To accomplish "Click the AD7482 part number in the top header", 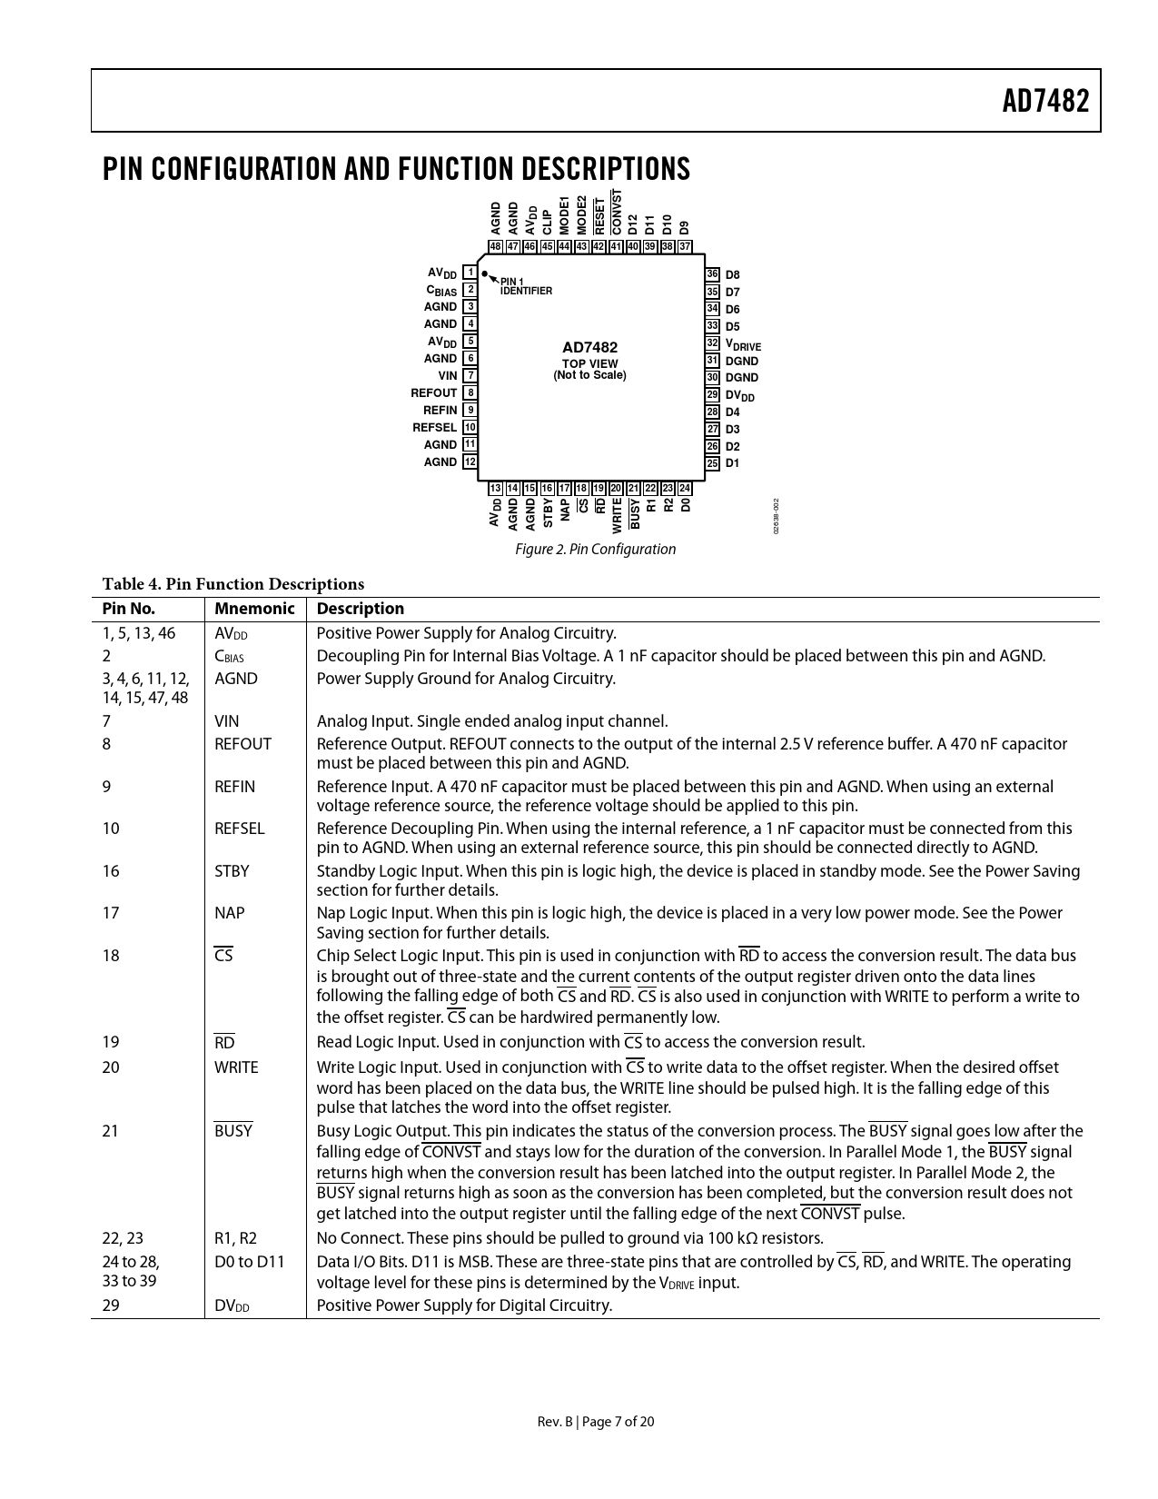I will click(x=1044, y=101).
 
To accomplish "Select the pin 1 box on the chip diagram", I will click(x=470, y=273).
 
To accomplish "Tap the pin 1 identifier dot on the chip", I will click(x=485, y=273).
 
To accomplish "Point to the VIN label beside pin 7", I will click(x=448, y=375).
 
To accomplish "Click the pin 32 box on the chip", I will click(x=713, y=343).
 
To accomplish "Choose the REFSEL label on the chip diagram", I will click(x=434, y=427).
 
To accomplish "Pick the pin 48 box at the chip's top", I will click(x=496, y=246).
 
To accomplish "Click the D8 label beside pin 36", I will click(x=733, y=274).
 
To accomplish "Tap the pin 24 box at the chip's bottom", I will click(x=685, y=489).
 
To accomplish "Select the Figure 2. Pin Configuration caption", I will click(x=595, y=549).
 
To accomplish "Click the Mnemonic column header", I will click(x=254, y=609).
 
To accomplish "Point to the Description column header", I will click(x=360, y=609).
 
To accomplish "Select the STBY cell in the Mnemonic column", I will click(x=232, y=871).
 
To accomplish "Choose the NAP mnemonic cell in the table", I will click(x=229, y=913).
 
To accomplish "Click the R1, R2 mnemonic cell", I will click(x=235, y=1237).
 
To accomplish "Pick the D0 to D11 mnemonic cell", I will click(x=249, y=1261).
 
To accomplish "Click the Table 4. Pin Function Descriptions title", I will click(x=233, y=584).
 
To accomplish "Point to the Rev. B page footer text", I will click(x=595, y=1422).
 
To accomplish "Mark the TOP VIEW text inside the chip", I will click(x=589, y=363).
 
